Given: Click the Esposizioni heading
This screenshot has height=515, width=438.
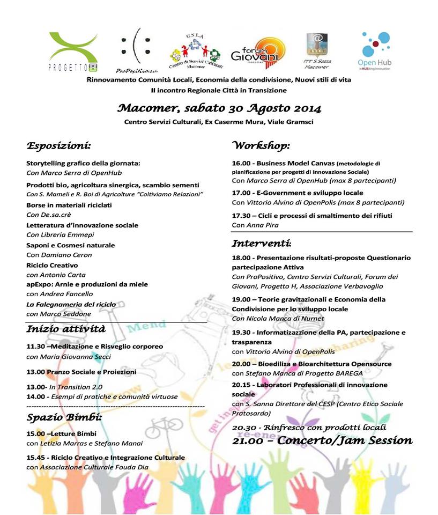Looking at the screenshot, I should [x=58, y=145].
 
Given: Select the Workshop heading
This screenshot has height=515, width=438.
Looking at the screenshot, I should [x=261, y=145].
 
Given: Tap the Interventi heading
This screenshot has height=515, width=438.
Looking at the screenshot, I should [x=262, y=243].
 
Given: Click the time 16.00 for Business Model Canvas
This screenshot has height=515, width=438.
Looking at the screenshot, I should [x=241, y=163].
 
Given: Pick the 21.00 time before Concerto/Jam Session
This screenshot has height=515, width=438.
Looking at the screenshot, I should [x=248, y=441].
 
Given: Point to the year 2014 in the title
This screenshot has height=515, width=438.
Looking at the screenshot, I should [x=305, y=108].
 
